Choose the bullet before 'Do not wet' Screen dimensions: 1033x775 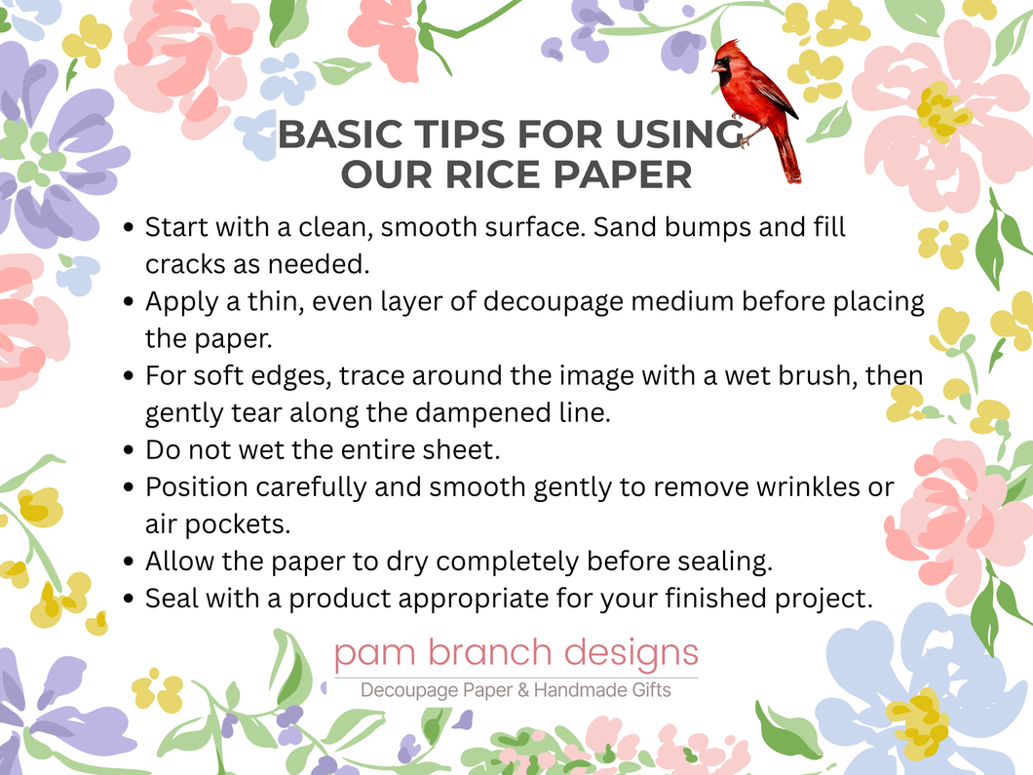(129, 450)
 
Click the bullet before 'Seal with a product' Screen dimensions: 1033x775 (129, 600)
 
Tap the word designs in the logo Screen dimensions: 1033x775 (631, 653)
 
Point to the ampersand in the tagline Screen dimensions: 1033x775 (523, 690)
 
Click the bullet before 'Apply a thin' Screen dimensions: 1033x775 (129, 302)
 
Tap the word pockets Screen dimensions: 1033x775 (237, 525)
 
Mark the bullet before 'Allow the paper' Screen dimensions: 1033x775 (129, 562)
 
